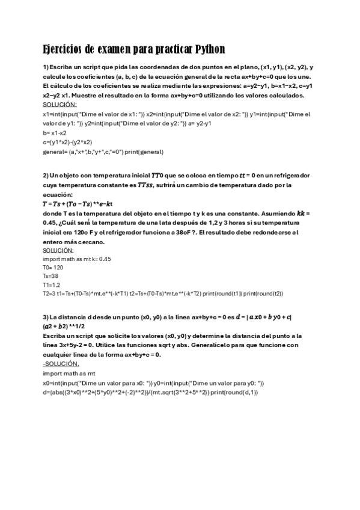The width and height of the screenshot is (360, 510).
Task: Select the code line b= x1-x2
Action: pyautogui.click(x=55, y=132)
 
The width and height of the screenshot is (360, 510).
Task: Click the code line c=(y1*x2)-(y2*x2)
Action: pyautogui.click(x=67, y=142)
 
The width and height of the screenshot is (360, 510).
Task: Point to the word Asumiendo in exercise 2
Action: pyautogui.click(x=282, y=214)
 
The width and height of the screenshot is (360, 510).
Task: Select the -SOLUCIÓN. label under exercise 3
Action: pyautogui.click(x=60, y=364)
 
